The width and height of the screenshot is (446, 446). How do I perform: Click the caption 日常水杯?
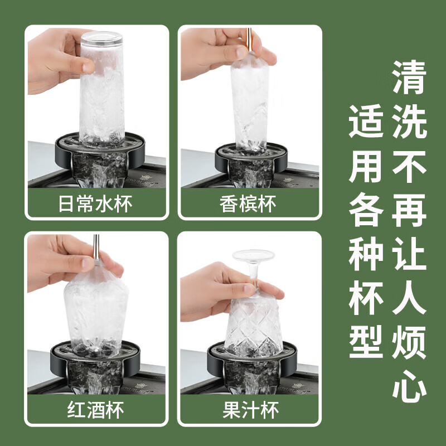point(95,205)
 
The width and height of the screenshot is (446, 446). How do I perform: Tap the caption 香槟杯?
point(248,205)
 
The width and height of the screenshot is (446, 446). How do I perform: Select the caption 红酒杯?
point(95,411)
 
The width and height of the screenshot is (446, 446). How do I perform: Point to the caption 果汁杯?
point(248,411)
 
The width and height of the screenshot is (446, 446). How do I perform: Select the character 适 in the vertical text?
point(366,122)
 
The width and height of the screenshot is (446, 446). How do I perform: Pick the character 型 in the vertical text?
point(366,341)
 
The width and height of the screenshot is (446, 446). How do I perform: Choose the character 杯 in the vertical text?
point(366,297)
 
